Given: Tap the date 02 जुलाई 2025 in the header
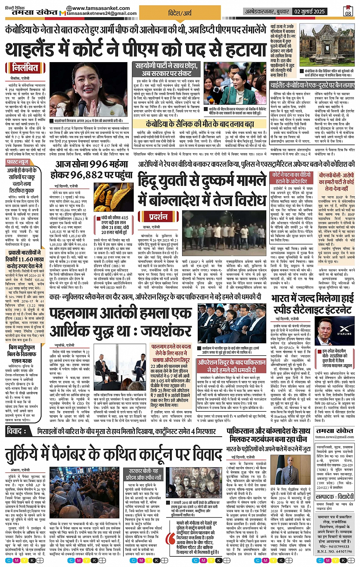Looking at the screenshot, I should pos(309,11).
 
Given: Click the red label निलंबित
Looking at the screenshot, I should pos(25,68).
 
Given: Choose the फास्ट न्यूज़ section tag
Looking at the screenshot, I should pos(18,162).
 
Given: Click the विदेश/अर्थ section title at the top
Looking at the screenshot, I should pos(180,13).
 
